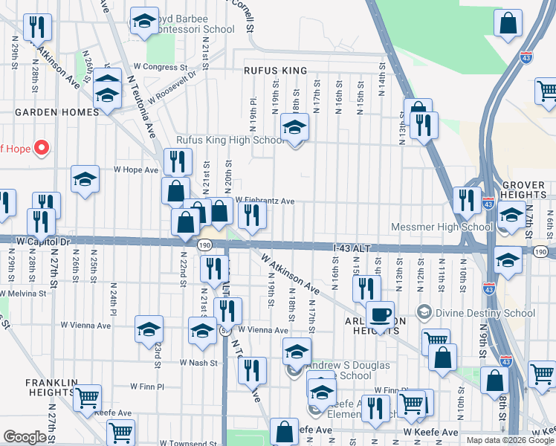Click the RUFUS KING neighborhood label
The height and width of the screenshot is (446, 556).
click(275, 71)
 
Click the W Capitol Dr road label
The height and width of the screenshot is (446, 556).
click(42, 242)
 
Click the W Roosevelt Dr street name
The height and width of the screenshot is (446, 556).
click(172, 87)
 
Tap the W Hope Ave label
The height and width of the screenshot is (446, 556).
click(136, 169)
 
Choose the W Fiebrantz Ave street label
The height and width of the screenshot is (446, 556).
click(265, 201)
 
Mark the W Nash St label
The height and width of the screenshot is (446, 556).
click(198, 363)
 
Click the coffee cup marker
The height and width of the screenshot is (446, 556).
click(380, 314)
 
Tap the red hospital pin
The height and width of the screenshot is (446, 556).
click(41, 148)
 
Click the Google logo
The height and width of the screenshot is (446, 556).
click(25, 437)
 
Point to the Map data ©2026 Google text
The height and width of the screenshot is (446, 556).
click(510, 440)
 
